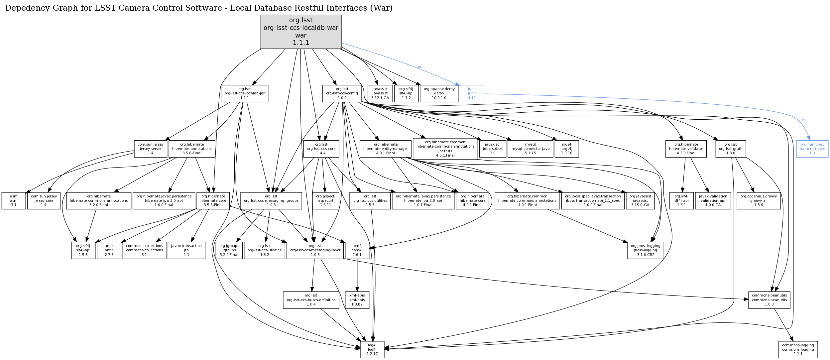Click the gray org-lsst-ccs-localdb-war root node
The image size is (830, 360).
pyautogui.click(x=300, y=32)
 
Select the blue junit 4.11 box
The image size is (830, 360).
pyautogui.click(x=472, y=93)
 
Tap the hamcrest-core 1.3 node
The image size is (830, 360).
pyautogui.click(x=812, y=149)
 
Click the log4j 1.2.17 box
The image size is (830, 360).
pyautogui.click(x=372, y=349)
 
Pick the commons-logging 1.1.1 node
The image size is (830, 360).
pyautogui.click(x=798, y=349)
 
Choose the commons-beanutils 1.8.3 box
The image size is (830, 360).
pyautogui.click(x=769, y=300)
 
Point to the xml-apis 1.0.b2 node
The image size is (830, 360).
pyautogui.click(x=357, y=300)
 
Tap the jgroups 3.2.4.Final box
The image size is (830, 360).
pyautogui.click(x=229, y=250)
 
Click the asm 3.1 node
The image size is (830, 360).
pyautogui.click(x=14, y=200)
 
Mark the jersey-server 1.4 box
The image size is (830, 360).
pyautogui.click(x=151, y=149)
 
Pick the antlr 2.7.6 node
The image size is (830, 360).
pyautogui.click(x=109, y=250)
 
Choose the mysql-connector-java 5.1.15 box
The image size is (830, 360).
pyautogui.click(x=530, y=149)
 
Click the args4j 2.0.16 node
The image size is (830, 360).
pyautogui.click(x=567, y=149)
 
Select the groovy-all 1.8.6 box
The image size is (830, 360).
pyautogui.click(x=759, y=200)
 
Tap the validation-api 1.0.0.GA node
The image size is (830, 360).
pyautogui.click(x=713, y=200)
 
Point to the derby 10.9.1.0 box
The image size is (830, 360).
pyautogui.click(x=439, y=93)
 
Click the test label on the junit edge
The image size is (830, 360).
pyautogui.click(x=419, y=67)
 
